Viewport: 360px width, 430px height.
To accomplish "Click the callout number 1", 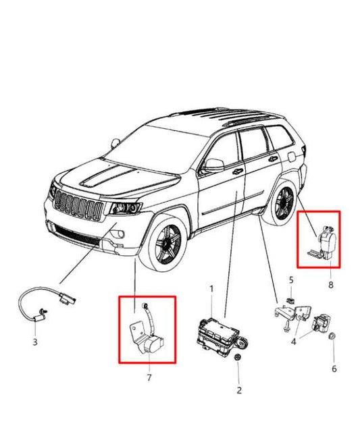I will tap(211, 288).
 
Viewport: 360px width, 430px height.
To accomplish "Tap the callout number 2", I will tap(238, 390).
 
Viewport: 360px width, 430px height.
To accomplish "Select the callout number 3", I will tap(35, 342).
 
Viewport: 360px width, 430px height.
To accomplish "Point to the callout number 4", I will tap(294, 342).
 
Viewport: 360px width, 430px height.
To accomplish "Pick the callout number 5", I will tap(291, 279).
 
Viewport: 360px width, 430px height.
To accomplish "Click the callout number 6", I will tap(334, 369).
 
